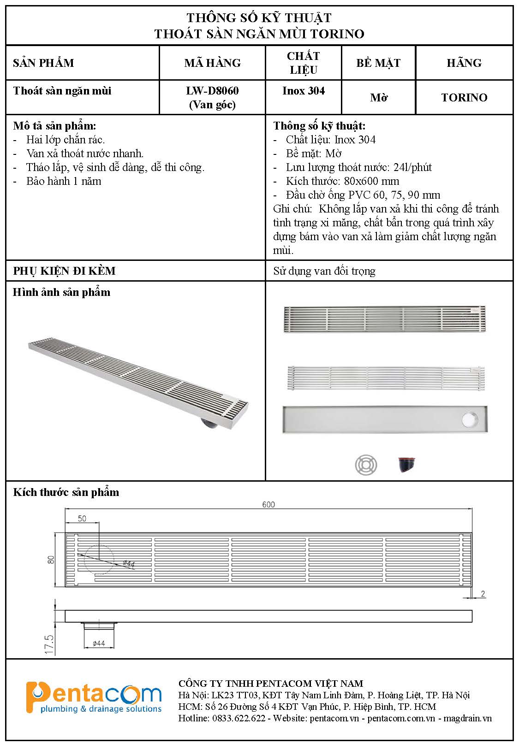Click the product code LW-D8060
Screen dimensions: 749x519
tap(212, 91)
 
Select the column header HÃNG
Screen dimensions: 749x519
tap(464, 63)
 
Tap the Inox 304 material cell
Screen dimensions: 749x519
tap(303, 91)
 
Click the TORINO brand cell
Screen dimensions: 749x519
tap(464, 98)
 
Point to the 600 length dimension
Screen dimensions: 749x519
tap(268, 504)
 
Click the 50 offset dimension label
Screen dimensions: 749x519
tap(82, 519)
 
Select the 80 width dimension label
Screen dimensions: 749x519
tap(51, 560)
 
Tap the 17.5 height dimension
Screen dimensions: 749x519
tap(49, 644)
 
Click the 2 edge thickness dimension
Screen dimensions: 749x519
tap(483, 594)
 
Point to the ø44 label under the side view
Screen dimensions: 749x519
tap(99, 643)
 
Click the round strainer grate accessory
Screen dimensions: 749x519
tap(366, 465)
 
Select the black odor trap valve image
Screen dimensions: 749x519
tap(406, 465)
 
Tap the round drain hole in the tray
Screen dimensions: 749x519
tap(470, 419)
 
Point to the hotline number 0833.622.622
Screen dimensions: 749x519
tap(239, 718)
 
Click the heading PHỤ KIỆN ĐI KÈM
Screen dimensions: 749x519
tap(64, 271)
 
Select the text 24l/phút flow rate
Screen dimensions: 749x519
tap(412, 167)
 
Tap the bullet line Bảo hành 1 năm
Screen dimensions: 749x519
tap(64, 181)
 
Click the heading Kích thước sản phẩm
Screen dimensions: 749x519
tap(66, 492)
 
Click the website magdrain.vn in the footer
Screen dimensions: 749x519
tap(467, 718)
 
